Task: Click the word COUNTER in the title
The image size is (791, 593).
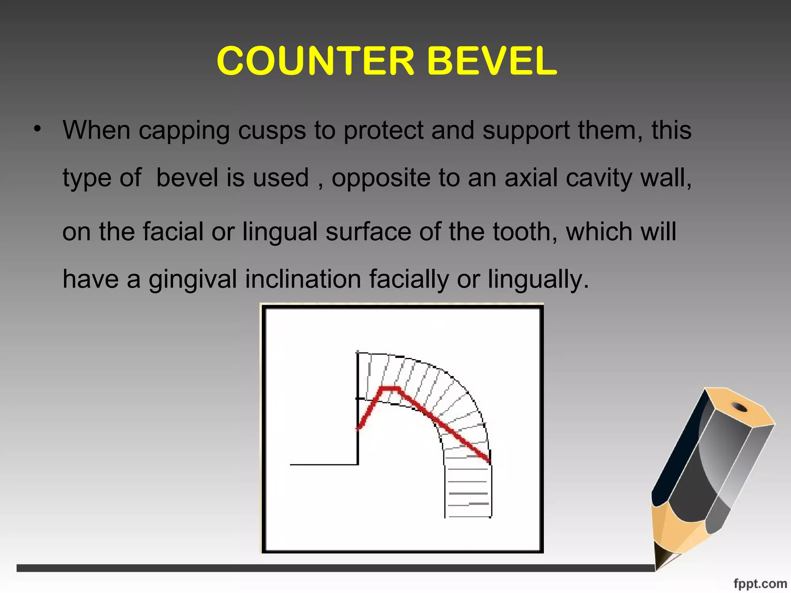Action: pyautogui.click(x=315, y=61)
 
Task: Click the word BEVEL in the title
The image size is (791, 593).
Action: pyautogui.click(x=492, y=61)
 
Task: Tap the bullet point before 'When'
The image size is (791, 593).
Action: pyautogui.click(x=37, y=129)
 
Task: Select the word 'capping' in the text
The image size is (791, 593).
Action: pyautogui.click(x=184, y=130)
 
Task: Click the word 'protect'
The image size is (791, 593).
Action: pyautogui.click(x=383, y=130)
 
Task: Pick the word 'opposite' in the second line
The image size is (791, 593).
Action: pyautogui.click(x=381, y=178)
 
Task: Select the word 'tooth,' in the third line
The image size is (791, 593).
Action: pyautogui.click(x=525, y=231)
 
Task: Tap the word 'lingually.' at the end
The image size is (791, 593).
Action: pyautogui.click(x=538, y=279)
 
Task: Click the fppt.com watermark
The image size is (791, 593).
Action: pyautogui.click(x=760, y=583)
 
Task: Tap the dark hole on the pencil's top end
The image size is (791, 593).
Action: pyautogui.click(x=740, y=407)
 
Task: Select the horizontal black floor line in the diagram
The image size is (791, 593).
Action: pyautogui.click(x=324, y=464)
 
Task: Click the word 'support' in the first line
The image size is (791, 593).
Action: pyautogui.click(x=526, y=130)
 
